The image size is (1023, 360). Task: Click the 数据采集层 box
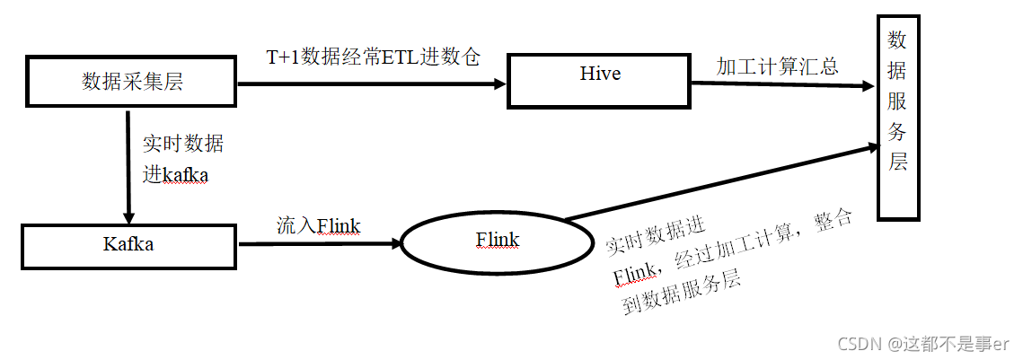(132, 83)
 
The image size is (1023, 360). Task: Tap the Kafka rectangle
(128, 245)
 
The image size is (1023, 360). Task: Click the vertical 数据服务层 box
(897, 118)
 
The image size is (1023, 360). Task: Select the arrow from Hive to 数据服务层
(781, 84)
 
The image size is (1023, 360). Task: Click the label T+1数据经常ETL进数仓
(374, 57)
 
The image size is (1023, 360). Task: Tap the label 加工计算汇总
(777, 66)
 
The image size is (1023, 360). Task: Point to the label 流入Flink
(318, 225)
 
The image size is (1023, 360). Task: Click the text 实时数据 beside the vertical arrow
(183, 144)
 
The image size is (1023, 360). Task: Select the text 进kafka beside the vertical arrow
(175, 175)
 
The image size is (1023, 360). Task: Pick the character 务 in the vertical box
(897, 132)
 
